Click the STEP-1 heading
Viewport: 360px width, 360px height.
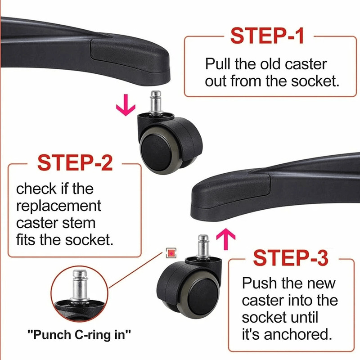point(267,36)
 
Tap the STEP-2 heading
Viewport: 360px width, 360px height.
point(75,162)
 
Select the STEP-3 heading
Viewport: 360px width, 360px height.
point(291,258)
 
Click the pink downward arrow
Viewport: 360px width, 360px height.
point(126,105)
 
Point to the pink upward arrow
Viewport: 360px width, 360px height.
point(226,239)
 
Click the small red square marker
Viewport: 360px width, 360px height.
point(171,253)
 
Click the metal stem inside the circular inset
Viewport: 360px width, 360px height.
point(80,285)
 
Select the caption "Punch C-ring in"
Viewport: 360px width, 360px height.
point(79,334)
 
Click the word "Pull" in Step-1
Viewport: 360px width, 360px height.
point(218,64)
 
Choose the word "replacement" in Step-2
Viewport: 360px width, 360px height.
point(58,206)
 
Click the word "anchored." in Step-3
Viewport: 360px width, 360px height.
point(298,334)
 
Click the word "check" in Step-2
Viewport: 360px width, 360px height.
point(36,189)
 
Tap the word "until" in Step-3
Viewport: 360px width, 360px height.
point(305,317)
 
